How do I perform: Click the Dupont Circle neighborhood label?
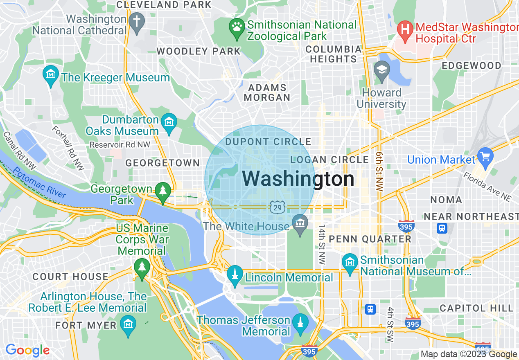(x=269, y=142)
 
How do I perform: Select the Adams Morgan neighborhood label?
(x=268, y=93)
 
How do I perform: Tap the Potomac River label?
(x=39, y=182)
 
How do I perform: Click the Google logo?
(x=27, y=351)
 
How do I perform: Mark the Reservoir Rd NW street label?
(x=120, y=145)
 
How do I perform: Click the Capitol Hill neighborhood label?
(x=476, y=308)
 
